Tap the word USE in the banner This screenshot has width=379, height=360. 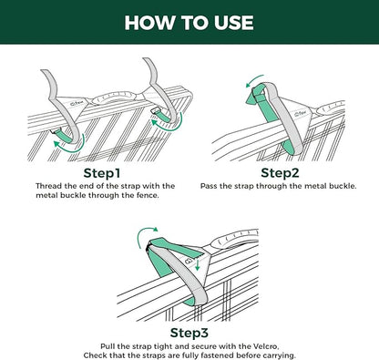coord(234,23)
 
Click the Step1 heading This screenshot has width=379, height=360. coord(102,173)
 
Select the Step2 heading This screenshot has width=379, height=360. coord(280,173)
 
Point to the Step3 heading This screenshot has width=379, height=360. coord(189,333)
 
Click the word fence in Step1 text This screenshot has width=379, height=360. coord(148,195)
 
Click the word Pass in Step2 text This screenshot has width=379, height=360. coord(209,186)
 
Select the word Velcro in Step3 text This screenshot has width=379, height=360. coord(266,346)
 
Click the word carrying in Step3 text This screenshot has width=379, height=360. coord(279,355)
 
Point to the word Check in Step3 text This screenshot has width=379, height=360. coord(94,355)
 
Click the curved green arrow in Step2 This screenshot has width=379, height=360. coord(254,80)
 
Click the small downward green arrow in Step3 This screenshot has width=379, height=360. coord(198,264)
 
